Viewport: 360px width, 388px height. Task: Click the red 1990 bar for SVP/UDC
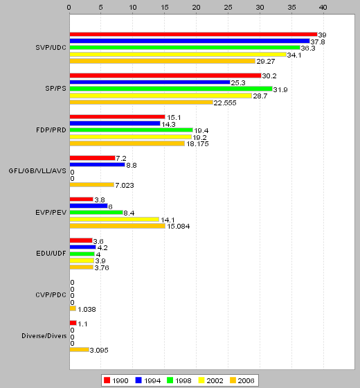193,35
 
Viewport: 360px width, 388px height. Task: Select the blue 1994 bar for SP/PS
150,82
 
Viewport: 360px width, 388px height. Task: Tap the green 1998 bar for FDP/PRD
132,130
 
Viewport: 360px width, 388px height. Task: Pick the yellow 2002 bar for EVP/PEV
114,219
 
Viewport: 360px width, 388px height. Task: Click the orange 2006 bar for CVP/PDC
73,308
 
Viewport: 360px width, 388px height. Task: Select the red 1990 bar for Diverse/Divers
73,323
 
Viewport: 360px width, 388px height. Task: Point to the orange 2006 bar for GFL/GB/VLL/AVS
92,184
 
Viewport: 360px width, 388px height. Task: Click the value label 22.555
225,103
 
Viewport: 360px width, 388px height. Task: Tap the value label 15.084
179,227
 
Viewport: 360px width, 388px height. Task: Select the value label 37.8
318,42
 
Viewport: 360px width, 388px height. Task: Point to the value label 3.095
99,351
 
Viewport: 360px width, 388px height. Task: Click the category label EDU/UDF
51,254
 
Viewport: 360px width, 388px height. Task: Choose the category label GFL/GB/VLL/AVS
37,171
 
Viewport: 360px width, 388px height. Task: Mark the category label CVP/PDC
51,295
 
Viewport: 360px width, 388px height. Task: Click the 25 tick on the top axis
228,8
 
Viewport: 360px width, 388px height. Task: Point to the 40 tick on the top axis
323,8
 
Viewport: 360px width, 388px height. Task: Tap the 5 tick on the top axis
100,8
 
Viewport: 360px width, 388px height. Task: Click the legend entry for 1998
179,380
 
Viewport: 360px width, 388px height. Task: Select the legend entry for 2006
242,380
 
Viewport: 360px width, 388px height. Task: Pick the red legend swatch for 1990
107,380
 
